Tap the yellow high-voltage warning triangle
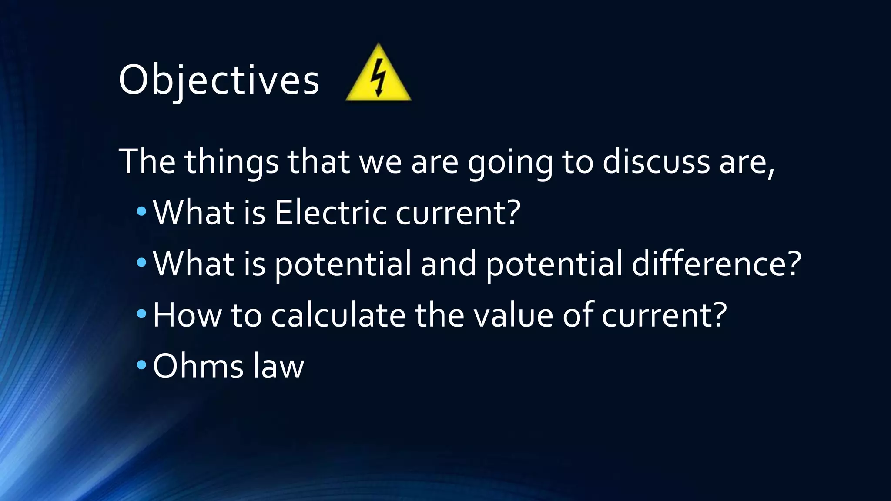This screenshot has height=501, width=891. (378, 76)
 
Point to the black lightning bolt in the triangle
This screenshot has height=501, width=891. (379, 77)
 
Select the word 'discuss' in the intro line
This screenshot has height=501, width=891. (656, 162)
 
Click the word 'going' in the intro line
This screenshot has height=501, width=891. (510, 162)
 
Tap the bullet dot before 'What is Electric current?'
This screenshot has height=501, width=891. (141, 212)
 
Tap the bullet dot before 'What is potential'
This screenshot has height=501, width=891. (141, 263)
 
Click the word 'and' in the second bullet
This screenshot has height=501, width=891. (448, 264)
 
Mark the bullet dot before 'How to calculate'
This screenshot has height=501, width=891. (141, 314)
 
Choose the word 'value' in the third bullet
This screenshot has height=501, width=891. (513, 315)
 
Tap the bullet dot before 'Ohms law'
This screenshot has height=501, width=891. (141, 365)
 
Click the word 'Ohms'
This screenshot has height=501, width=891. (198, 366)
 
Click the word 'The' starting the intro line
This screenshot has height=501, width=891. (147, 162)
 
